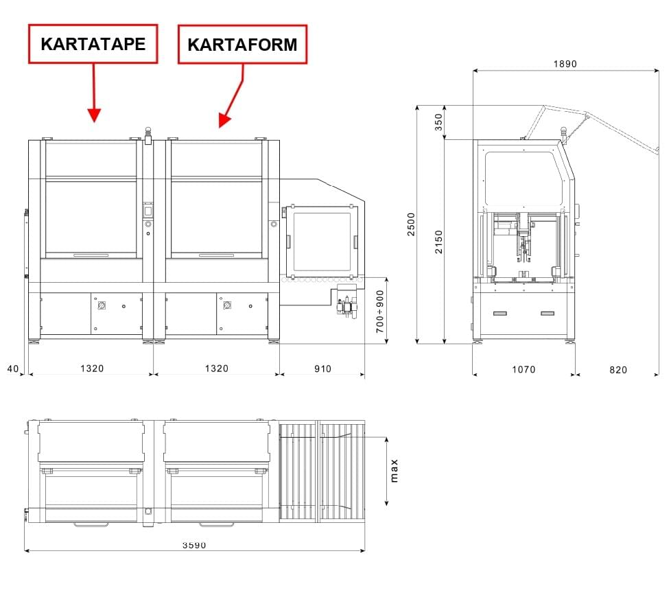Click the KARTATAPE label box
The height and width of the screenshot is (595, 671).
[93, 44]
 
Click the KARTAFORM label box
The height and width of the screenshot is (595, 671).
[242, 45]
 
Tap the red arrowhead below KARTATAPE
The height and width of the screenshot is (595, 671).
[94, 115]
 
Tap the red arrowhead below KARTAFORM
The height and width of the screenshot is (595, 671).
[224, 120]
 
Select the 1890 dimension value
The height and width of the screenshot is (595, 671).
[565, 64]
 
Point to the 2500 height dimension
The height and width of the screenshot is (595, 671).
[411, 224]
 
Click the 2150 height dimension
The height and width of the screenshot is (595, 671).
[438, 242]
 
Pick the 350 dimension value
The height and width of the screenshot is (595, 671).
[438, 122]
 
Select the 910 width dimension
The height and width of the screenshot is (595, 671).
[322, 369]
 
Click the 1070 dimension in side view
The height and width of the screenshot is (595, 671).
[523, 369]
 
